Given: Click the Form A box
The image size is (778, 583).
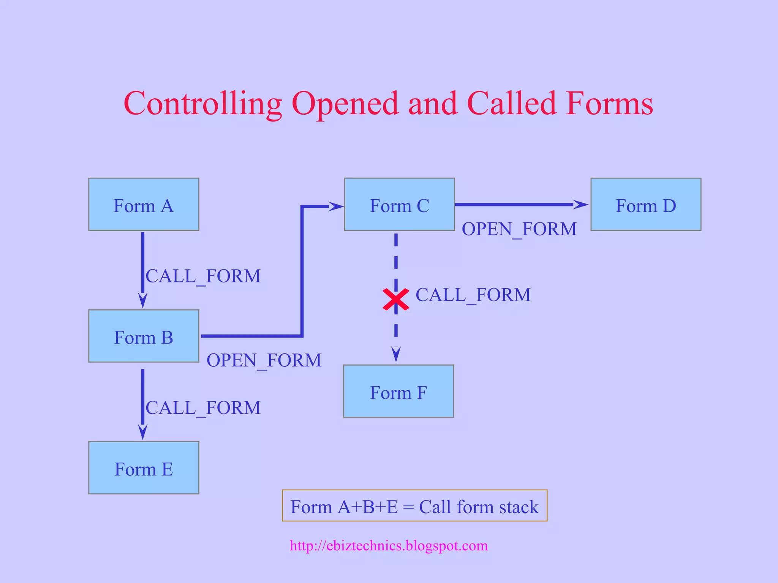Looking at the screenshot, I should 144,205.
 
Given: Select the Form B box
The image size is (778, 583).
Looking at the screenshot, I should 144,336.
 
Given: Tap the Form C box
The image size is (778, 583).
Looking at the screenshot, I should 399,205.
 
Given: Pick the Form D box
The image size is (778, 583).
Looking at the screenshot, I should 645,205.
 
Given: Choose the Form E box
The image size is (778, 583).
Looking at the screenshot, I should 144,468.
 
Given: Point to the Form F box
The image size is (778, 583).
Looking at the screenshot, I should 398,391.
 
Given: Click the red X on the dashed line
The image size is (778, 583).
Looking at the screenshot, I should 396,299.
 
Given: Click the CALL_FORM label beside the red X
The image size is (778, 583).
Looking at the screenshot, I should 473,295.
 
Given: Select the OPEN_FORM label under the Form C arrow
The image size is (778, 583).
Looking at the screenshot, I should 519,229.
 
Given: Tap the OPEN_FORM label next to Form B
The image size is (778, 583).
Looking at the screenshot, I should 264,360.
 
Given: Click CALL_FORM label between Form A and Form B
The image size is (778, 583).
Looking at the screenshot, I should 203,276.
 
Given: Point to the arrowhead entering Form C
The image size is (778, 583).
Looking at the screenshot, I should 336,206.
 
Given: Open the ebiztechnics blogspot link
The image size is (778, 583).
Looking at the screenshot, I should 389,545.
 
